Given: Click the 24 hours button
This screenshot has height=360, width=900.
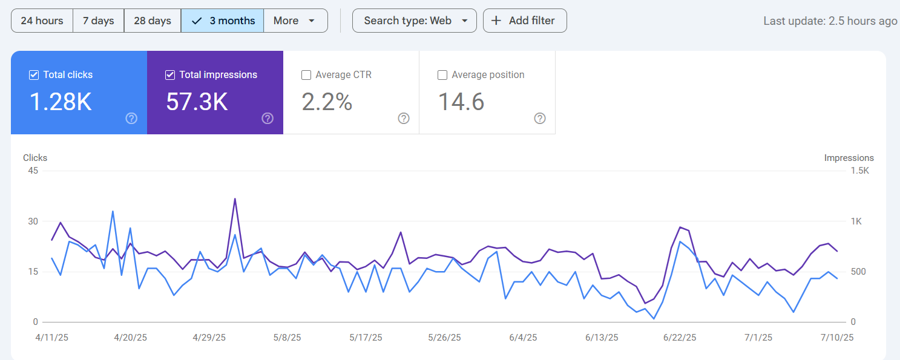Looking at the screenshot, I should [x=42, y=21].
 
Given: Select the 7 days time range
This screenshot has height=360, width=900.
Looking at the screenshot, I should [x=98, y=21].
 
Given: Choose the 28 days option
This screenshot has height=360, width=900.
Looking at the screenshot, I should [x=152, y=21].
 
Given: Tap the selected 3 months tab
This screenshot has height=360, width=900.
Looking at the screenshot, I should [x=222, y=21].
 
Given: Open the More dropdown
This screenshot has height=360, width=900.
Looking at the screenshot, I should [x=295, y=21].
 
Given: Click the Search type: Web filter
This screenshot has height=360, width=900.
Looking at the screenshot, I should [x=414, y=21].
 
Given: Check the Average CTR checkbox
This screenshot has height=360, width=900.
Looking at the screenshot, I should [x=306, y=75].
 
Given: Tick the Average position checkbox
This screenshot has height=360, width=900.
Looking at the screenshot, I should [x=442, y=75].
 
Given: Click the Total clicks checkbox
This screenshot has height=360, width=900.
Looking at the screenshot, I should [x=34, y=75].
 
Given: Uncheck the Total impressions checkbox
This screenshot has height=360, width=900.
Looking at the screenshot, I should [x=170, y=75].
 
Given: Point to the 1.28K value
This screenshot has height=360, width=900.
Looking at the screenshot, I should [x=61, y=102].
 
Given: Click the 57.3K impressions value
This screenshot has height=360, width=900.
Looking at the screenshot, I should [x=197, y=102].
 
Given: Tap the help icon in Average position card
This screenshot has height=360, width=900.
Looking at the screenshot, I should [x=540, y=119].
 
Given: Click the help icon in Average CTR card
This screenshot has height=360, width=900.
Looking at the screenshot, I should [x=404, y=119].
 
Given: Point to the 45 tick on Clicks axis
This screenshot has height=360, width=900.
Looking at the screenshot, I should [x=33, y=171].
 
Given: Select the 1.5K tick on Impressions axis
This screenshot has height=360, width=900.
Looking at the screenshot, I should [x=859, y=171].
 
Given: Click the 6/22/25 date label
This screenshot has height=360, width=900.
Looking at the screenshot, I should [x=680, y=338].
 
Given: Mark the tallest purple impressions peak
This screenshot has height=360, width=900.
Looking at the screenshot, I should [x=234, y=198].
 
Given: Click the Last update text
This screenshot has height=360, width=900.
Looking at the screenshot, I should [x=830, y=21].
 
